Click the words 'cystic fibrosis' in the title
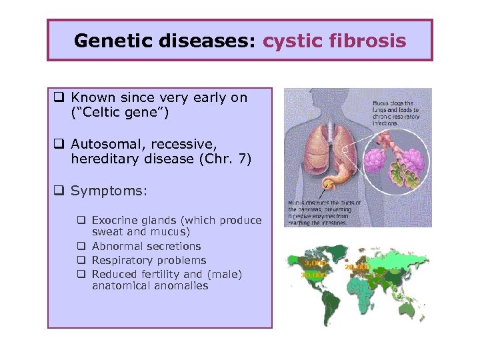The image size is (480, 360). (x=334, y=41)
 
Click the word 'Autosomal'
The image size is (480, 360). (x=104, y=143)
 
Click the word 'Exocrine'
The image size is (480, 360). (x=113, y=221)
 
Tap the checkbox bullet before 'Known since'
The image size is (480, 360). (x=59, y=98)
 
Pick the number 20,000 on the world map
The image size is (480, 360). (x=357, y=267)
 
